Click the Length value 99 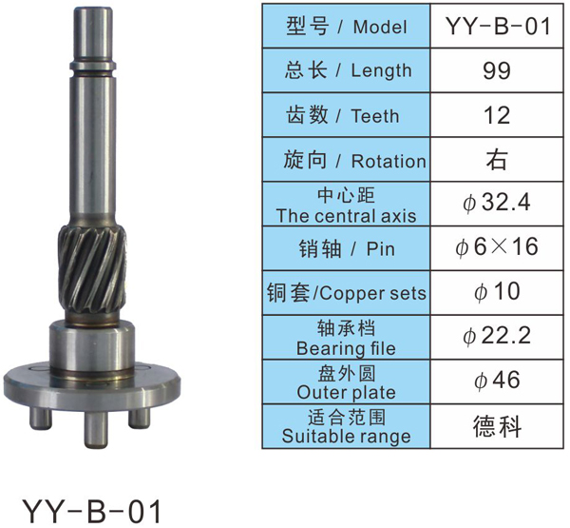click(x=497, y=70)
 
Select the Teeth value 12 click(x=497, y=115)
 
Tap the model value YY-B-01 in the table click(x=498, y=27)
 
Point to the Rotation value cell click(x=497, y=160)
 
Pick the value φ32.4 click(x=496, y=203)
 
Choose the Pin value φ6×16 click(x=496, y=247)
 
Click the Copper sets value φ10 click(x=497, y=292)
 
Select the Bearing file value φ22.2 click(x=497, y=336)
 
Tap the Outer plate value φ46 click(x=497, y=381)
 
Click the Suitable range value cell click(x=497, y=426)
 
